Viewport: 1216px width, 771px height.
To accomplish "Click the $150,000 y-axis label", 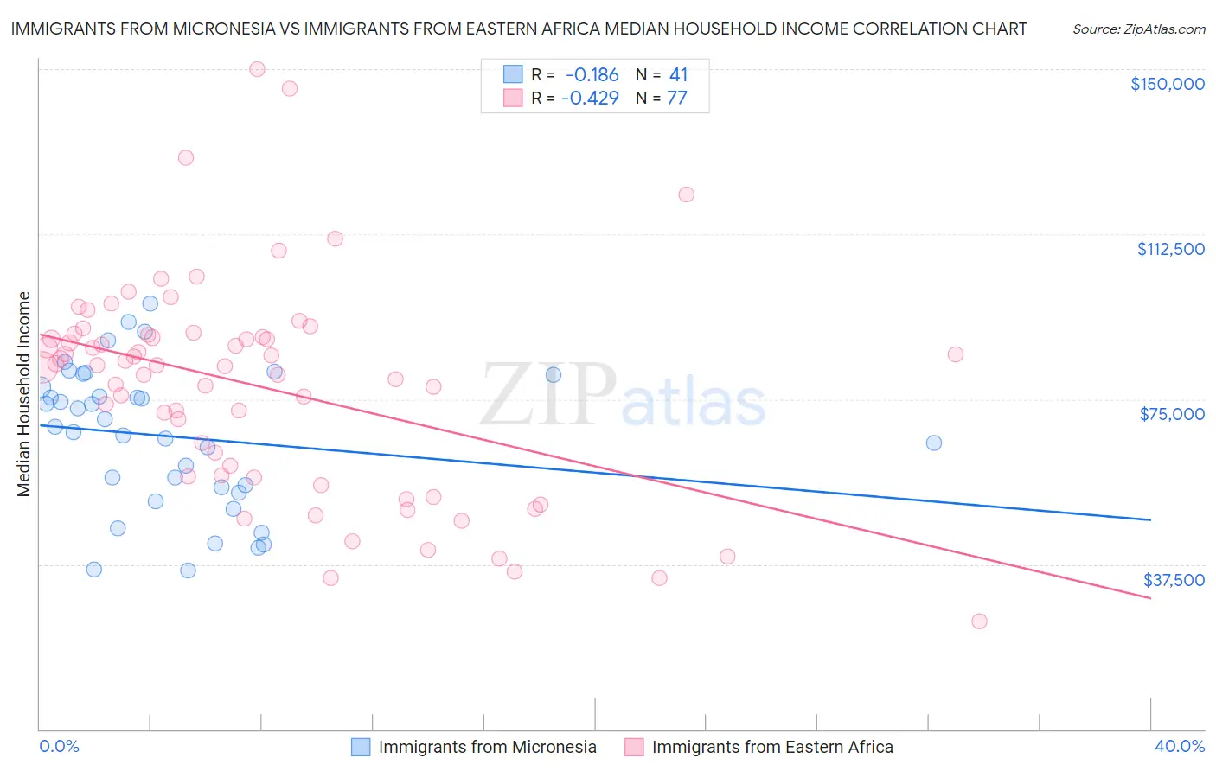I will tap(1167, 84).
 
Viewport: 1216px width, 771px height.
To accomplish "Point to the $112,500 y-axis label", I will tap(1170, 249).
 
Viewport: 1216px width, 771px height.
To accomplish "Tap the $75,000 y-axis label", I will tap(1172, 414).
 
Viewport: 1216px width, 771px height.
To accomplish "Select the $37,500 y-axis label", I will tap(1174, 580).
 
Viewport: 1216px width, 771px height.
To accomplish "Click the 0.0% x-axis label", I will tap(59, 746).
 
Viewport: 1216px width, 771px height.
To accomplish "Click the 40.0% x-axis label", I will tap(1179, 746).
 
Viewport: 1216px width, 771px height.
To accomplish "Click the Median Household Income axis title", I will tap(23, 394).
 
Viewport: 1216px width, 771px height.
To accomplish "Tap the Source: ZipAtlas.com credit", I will tap(1138, 29).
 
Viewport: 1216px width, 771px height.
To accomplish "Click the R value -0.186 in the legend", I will tap(592, 75).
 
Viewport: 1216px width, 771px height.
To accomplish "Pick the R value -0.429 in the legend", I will tap(590, 99).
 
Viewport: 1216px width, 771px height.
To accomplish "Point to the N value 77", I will tap(676, 99).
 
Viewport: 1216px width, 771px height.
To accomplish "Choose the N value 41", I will tap(678, 75).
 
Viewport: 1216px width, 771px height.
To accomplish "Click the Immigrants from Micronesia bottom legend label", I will tap(487, 747).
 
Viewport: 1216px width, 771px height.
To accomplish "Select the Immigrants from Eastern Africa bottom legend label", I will tap(771, 747).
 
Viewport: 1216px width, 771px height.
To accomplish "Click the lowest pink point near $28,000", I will tap(979, 621).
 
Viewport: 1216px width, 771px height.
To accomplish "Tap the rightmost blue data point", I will tap(933, 443).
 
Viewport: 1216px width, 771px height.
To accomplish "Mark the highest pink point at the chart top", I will tap(257, 69).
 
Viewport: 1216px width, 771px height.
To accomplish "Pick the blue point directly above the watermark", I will tap(553, 374).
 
